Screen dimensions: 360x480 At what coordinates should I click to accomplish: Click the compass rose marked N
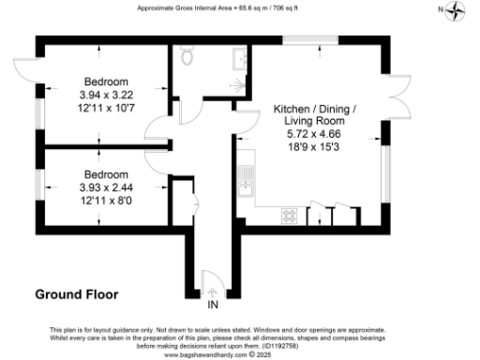tap(456, 10)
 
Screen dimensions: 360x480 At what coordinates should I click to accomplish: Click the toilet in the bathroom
tap(187, 58)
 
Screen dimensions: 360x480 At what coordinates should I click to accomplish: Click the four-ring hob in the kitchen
tap(290, 216)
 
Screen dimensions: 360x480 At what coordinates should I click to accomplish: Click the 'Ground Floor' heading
tap(77, 294)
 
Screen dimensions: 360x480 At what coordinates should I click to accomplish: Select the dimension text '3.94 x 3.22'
tap(105, 94)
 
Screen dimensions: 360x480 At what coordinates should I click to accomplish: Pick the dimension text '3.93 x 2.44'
tap(105, 187)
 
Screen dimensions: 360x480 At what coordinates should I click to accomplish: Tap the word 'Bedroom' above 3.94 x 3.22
tap(105, 81)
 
